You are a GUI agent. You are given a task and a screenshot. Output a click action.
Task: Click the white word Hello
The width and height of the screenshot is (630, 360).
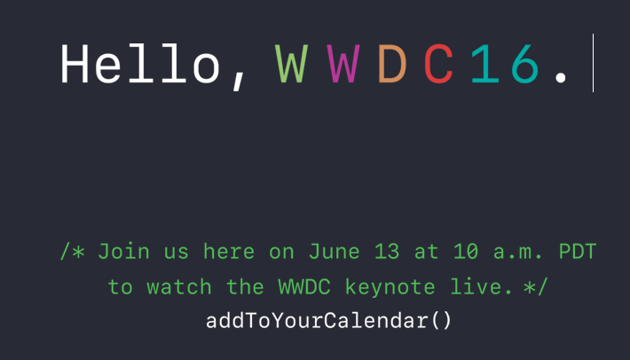140,64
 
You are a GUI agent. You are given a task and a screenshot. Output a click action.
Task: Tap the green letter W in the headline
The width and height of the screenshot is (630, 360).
291,64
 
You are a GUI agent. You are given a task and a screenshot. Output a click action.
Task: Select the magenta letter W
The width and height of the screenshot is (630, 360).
343,64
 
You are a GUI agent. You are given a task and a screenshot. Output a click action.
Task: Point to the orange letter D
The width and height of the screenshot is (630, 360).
392,64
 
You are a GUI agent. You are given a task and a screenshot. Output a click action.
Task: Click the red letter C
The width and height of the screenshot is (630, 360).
438,64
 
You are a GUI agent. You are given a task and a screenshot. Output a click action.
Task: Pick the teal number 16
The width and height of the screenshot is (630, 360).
505,64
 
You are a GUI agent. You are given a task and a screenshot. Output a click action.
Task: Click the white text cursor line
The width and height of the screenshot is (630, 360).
593,63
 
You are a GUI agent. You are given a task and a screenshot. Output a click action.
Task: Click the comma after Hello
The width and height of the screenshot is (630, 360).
239,81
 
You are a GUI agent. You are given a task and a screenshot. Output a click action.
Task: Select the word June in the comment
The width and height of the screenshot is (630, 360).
334,252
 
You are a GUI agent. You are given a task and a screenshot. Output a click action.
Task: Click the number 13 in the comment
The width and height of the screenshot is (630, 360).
387,252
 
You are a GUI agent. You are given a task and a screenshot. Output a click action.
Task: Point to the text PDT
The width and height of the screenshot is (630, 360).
578,252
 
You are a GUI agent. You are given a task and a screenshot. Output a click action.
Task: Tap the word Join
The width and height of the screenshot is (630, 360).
123,252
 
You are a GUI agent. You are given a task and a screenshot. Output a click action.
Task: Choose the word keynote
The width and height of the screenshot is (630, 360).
390,287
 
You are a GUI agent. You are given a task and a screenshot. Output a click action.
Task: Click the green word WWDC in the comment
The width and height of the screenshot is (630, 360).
304,287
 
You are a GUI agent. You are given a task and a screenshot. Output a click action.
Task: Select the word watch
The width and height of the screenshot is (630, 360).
178,287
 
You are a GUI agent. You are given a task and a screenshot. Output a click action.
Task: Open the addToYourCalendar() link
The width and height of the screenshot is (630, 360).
328,321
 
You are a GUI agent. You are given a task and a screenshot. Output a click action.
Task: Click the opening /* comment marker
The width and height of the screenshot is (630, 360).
73,252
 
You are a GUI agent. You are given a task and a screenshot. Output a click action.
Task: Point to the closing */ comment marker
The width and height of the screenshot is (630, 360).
536,287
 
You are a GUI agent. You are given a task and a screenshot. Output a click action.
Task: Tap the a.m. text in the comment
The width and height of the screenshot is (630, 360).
518,252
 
